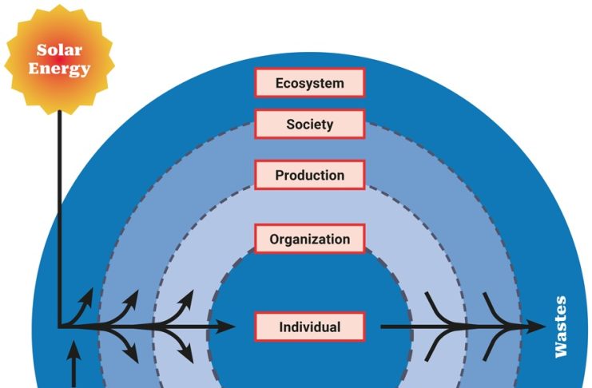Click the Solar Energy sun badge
59,59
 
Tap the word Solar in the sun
59,49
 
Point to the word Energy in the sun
59,69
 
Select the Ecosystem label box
310,83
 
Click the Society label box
310,124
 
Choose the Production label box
310,175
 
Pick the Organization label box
310,239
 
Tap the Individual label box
310,327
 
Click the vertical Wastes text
561,327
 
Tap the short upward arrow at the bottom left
74,363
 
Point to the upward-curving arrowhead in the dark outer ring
87,295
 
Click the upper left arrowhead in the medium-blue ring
132,298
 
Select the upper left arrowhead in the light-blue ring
187,298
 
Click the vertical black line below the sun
59,217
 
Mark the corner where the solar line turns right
59,327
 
